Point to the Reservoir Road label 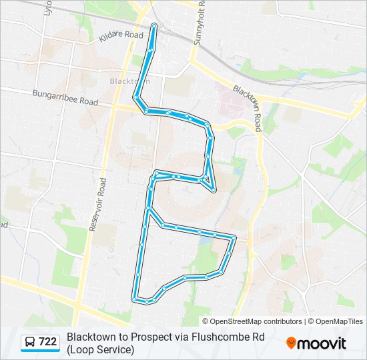(x=97, y=200)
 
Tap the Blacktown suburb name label (x=129, y=81)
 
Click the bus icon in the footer (x=30, y=342)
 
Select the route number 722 (x=48, y=342)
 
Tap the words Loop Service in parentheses (x=99, y=349)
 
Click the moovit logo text (x=323, y=343)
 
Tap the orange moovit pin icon (x=291, y=343)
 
